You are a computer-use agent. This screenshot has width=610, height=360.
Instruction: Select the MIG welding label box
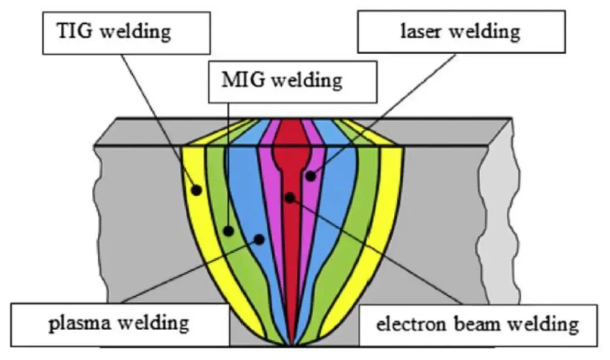(x=292, y=79)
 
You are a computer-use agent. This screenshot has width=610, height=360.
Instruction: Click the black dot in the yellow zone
(x=196, y=190)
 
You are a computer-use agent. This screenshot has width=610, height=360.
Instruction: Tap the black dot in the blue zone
(x=259, y=238)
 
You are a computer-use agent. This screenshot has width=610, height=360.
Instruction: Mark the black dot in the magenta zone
(x=310, y=175)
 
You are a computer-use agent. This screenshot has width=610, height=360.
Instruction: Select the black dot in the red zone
(x=290, y=197)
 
